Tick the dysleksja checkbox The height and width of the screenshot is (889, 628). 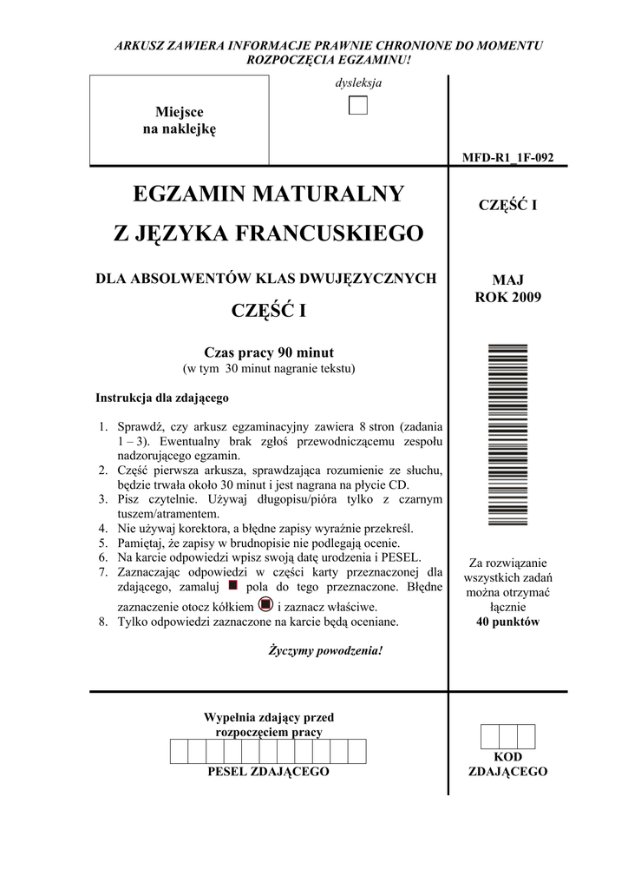(358, 106)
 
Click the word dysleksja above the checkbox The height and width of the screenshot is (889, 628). (358, 83)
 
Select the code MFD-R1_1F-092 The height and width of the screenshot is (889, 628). (507, 157)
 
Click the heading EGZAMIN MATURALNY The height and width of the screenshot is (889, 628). (269, 194)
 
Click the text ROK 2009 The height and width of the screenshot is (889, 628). (507, 297)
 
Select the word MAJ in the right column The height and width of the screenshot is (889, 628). (507, 280)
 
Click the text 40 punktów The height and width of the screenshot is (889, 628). (507, 622)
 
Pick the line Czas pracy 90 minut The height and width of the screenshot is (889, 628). (269, 352)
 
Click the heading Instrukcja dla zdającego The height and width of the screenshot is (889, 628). (161, 398)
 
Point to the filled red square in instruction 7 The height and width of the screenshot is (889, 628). (232, 585)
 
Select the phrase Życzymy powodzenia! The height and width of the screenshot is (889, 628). (325, 650)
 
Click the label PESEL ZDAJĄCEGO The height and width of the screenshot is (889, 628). (269, 771)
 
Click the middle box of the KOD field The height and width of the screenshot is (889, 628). (507, 736)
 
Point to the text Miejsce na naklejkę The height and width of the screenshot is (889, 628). (179, 121)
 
